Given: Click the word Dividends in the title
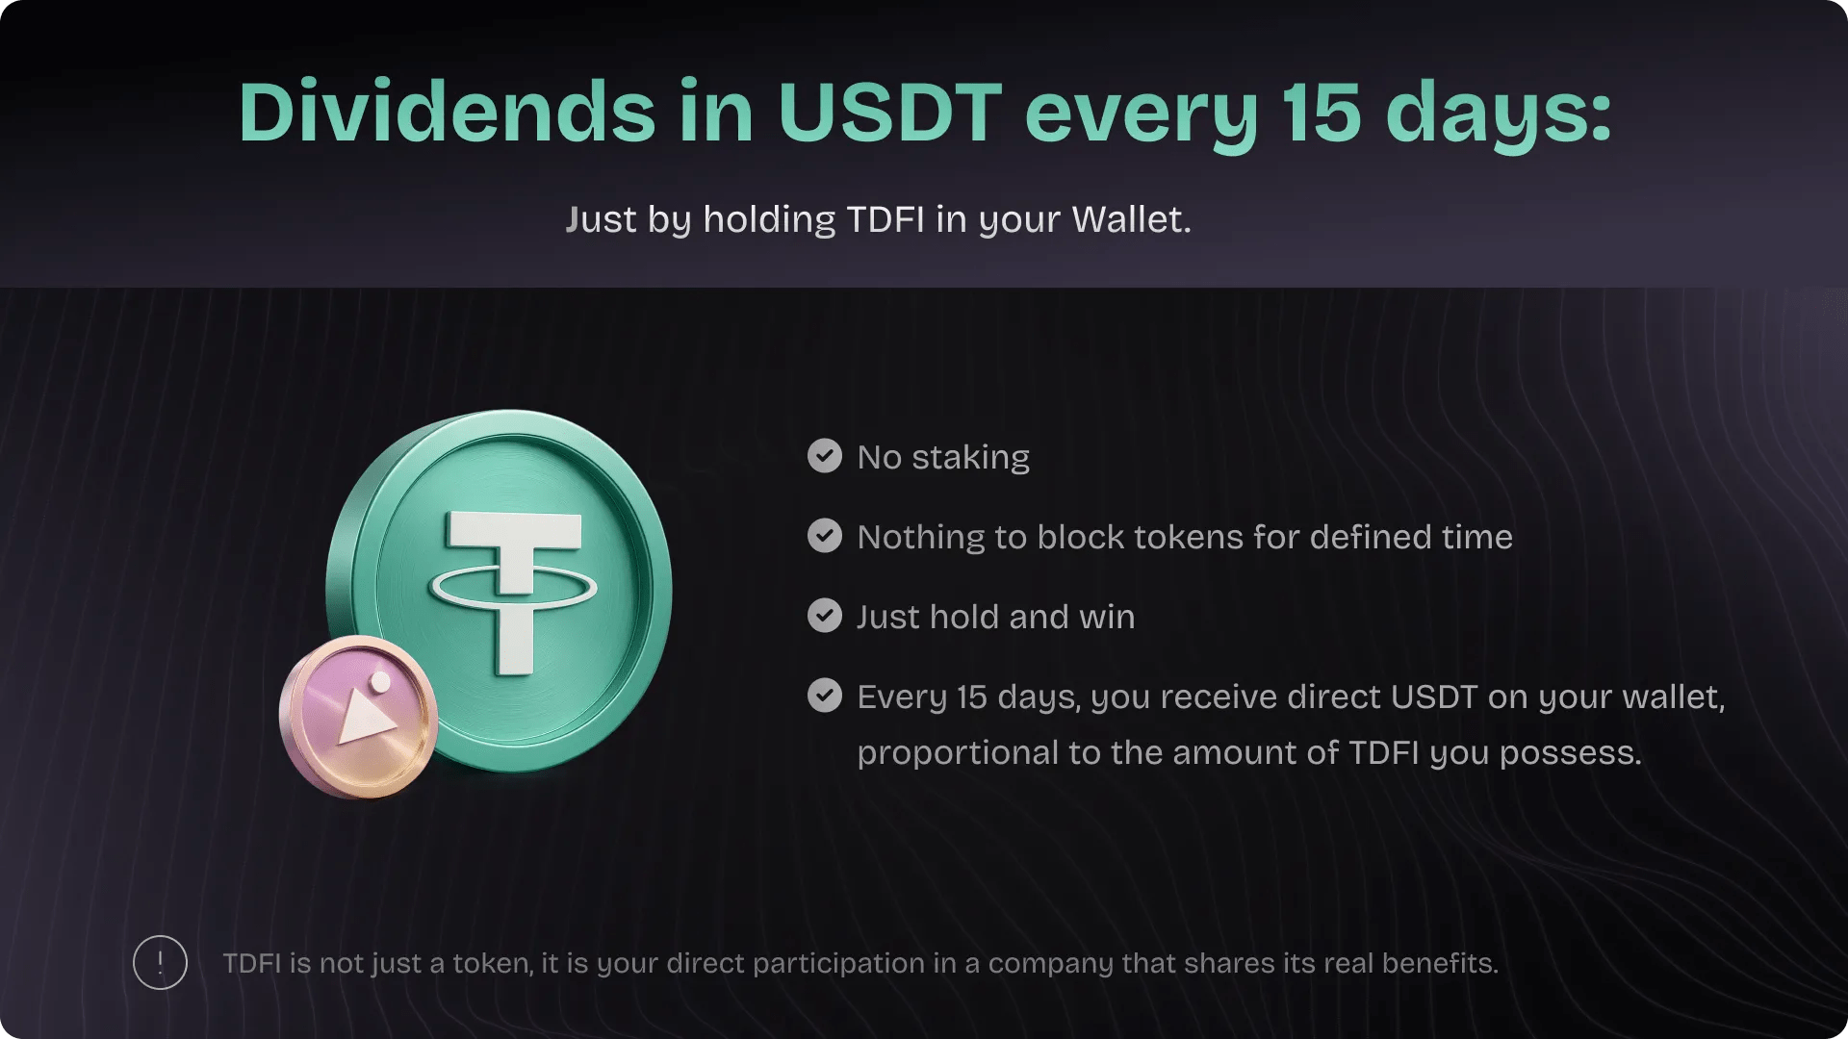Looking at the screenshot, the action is [448, 113].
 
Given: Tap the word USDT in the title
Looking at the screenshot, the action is [890, 113].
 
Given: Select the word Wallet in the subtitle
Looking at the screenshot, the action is [1131, 219].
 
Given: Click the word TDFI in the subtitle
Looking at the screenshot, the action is [885, 219].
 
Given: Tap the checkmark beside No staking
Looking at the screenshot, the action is [825, 456].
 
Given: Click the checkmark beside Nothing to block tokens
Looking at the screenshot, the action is [825, 536].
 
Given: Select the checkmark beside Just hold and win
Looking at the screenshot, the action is [825, 616].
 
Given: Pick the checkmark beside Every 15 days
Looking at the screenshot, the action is [825, 696].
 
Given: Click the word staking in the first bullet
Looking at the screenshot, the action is [970, 458].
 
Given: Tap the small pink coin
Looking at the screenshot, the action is [358, 717].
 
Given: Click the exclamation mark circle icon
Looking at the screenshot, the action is [160, 962].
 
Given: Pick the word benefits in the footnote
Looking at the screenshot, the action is [1440, 963].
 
